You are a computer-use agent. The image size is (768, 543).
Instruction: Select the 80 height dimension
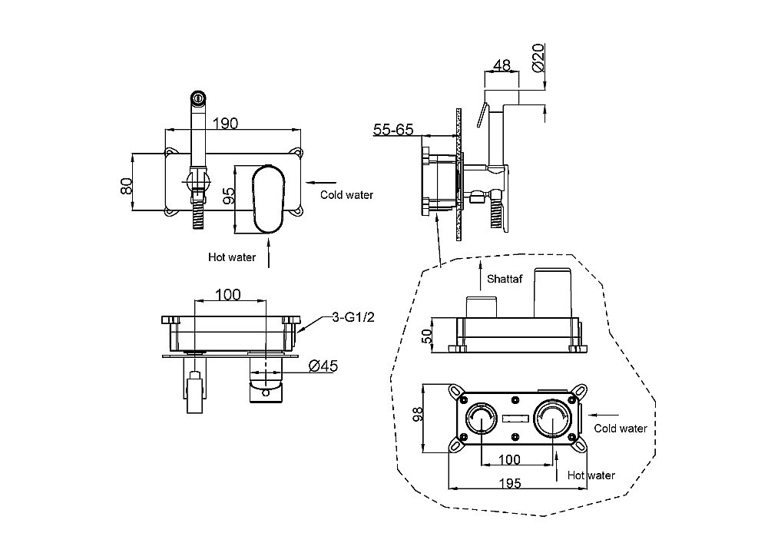[x=127, y=184]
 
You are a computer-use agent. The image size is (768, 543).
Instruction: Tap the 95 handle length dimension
[x=228, y=196]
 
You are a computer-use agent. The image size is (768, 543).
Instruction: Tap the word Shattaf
[x=505, y=279]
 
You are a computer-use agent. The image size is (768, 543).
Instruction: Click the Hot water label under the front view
[x=232, y=257]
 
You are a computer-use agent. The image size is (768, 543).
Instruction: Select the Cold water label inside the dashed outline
[x=621, y=429]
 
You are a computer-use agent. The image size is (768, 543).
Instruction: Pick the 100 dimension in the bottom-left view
[x=228, y=294]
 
